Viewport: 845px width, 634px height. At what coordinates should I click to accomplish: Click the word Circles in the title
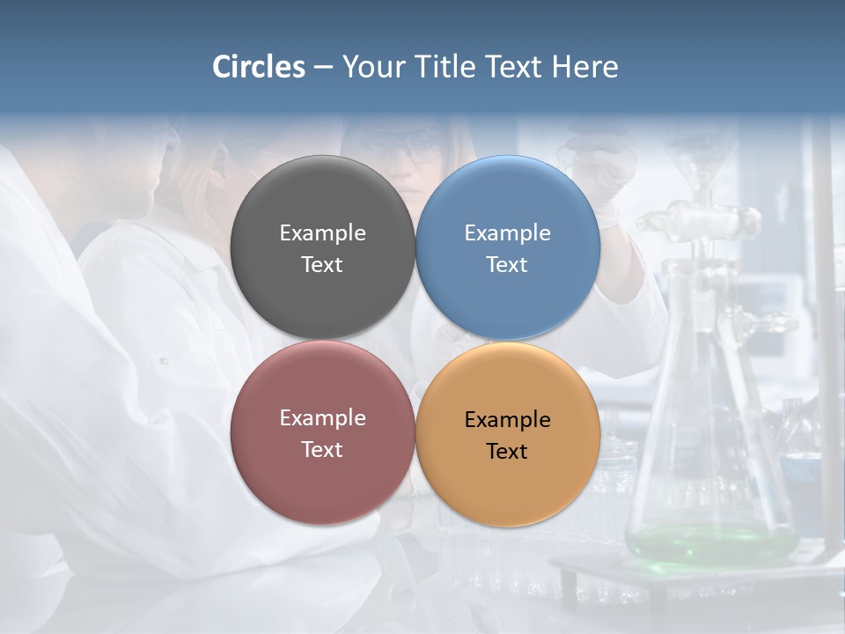click(259, 67)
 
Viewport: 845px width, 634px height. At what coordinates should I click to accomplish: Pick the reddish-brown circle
click(322, 475)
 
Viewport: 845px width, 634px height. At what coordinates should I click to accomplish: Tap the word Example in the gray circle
click(322, 233)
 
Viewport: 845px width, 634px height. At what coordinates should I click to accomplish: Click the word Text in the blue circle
click(507, 265)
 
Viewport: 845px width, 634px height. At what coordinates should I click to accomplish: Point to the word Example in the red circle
click(322, 418)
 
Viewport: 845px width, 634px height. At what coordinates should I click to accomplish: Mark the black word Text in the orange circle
click(507, 452)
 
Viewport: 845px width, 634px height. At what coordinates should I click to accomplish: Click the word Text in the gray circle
click(322, 265)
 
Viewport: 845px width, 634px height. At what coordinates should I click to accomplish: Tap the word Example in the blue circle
click(507, 233)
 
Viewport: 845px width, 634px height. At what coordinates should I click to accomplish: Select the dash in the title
click(323, 67)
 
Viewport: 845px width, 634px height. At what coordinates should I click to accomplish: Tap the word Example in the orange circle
click(507, 420)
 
